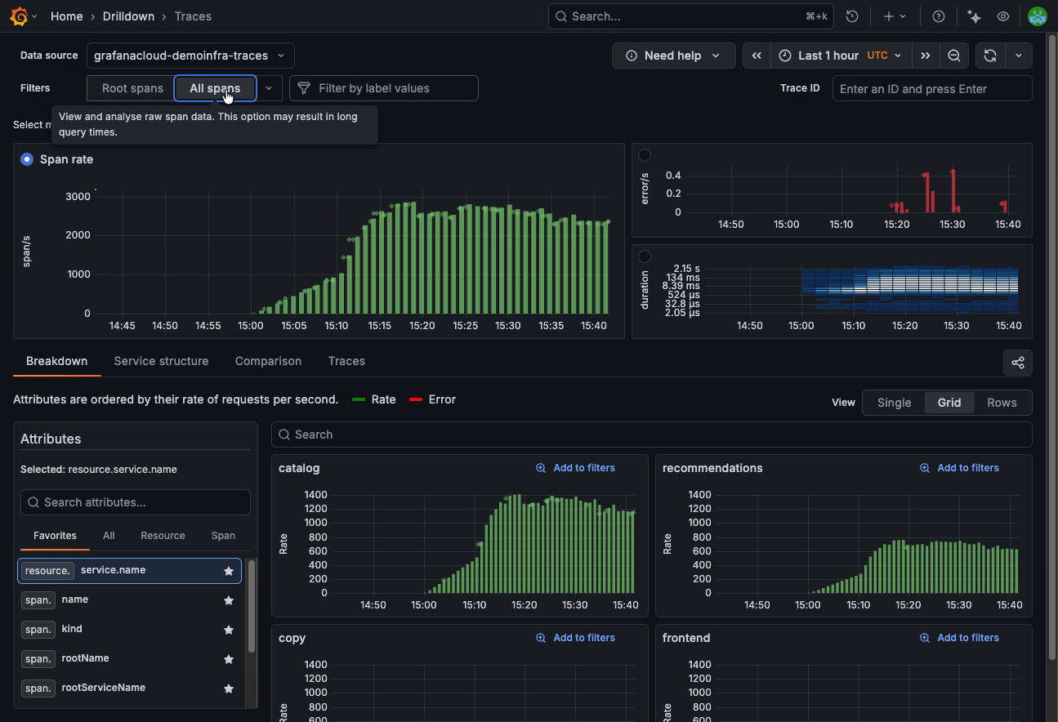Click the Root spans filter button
(132, 88)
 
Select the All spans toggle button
(215, 88)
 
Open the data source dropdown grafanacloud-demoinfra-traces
(190, 56)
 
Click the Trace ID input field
(931, 88)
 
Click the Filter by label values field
(384, 88)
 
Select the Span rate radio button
(27, 159)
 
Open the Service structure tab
(161, 361)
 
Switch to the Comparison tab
(268, 361)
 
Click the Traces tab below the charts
(346, 361)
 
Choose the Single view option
(894, 403)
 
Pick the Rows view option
(1002, 403)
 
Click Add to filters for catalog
(575, 468)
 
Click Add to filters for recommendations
(959, 468)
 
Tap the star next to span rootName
(229, 658)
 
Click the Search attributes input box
(136, 502)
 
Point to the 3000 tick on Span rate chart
(78, 196)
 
